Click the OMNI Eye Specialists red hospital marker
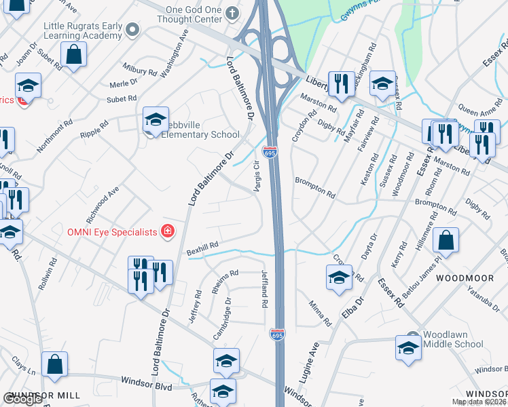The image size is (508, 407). point(167,232)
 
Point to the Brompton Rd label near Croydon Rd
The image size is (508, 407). point(314,188)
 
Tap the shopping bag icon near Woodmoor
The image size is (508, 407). point(446,239)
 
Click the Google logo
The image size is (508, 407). point(22,399)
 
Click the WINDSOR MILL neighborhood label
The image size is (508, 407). point(46,395)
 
